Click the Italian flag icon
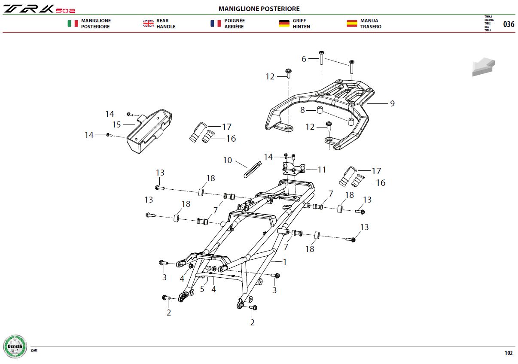pyautogui.click(x=73, y=23)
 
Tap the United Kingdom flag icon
pyautogui.click(x=148, y=23)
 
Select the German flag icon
pyautogui.click(x=284, y=23)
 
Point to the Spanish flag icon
pyautogui.click(x=352, y=23)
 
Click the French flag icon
pyautogui.click(x=216, y=23)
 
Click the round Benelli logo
pyautogui.click(x=15, y=346)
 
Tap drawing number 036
pyautogui.click(x=509, y=24)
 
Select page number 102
pyautogui.click(x=509, y=353)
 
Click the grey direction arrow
pyautogui.click(x=483, y=67)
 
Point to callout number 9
pyautogui.click(x=392, y=103)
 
